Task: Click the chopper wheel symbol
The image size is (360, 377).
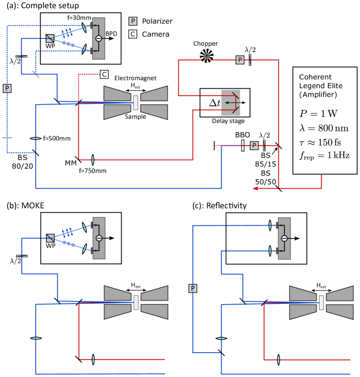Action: pos(207,56)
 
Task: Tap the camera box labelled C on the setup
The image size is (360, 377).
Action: pos(105,74)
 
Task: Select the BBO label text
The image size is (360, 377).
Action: pos(243,135)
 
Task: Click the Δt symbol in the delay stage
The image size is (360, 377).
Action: pos(215,103)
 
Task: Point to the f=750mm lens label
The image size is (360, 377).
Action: pos(92,171)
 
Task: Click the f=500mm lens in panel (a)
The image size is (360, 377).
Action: pos(36,138)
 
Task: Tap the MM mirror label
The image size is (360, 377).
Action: pos(71,163)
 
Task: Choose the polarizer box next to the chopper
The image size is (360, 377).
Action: pos(240,59)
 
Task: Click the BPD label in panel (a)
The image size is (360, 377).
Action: pos(111,33)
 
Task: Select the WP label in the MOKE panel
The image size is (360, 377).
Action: pos(50,246)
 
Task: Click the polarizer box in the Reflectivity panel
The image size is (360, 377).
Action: pos(193,288)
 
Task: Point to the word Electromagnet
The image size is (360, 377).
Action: pos(135,78)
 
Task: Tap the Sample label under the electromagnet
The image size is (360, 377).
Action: pos(135,117)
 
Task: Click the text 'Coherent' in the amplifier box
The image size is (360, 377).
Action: pos(315,77)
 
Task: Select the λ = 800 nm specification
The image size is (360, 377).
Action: pos(324,128)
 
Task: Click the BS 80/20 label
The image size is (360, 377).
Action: pos(22,162)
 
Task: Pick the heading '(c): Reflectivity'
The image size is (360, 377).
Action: pos(219,206)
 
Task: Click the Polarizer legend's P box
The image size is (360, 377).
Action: pos(133,21)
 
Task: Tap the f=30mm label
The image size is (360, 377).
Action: pos(79,18)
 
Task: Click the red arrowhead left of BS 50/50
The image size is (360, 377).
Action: pos(255,188)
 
